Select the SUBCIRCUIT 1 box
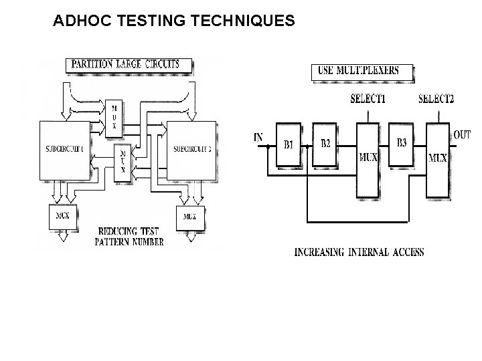click(x=64, y=150)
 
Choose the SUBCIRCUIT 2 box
click(x=191, y=150)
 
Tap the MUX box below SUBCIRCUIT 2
click(x=189, y=217)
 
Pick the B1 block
click(x=289, y=144)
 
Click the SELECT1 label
click(x=368, y=99)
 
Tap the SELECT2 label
click(x=436, y=99)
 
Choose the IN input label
click(x=258, y=138)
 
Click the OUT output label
click(x=462, y=135)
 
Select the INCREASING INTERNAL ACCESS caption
click(x=359, y=252)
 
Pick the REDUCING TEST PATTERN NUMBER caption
click(x=129, y=236)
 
